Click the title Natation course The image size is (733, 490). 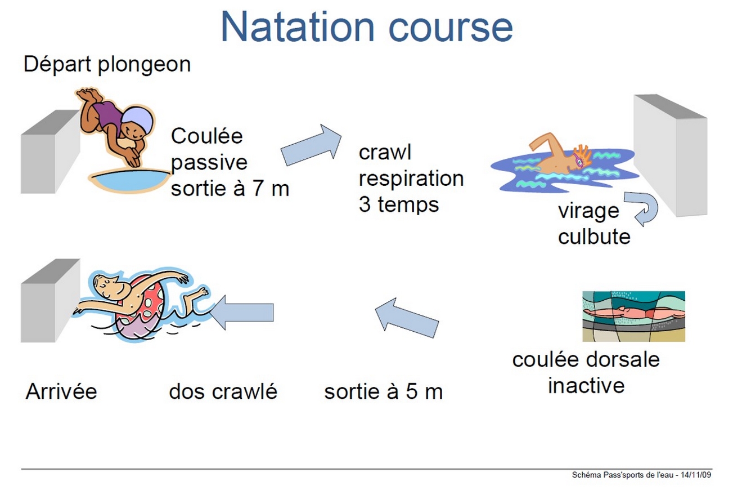click(367, 27)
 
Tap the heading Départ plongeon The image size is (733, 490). click(107, 65)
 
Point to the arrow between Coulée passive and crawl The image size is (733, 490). click(311, 145)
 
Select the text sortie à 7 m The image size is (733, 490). click(230, 189)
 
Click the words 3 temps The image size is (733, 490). click(399, 204)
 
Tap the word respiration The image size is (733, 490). click(411, 179)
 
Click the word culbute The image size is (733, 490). click(594, 236)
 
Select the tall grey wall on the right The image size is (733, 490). click(671, 155)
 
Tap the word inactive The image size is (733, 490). click(586, 385)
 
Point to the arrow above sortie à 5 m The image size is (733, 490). click(407, 318)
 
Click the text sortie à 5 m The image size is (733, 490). click(384, 391)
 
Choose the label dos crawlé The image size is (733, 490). click(223, 391)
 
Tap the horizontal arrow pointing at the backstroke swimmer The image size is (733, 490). click(241, 313)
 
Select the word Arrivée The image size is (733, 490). click(61, 391)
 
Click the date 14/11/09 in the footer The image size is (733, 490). click(696, 475)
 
